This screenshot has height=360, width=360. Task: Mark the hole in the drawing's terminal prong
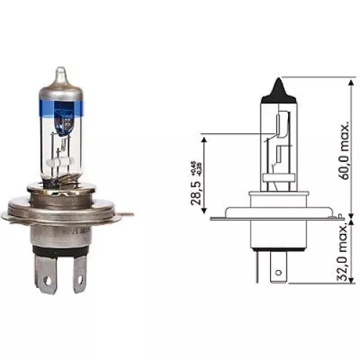point(276,273)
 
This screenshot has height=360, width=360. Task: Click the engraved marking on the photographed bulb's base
point(72,233)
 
